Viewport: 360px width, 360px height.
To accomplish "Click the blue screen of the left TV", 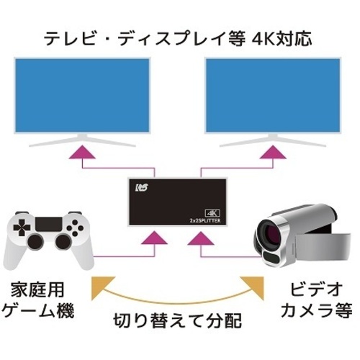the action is (82, 95).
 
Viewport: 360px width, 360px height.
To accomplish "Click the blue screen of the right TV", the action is (273, 95).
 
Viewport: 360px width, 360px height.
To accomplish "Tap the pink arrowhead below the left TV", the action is (82, 152).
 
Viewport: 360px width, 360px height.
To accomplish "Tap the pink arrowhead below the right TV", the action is (273, 152).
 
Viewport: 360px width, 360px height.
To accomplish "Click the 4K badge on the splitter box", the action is (212, 213).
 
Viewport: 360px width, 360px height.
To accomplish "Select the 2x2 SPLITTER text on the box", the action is (205, 221).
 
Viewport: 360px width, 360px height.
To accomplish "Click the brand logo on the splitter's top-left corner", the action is (142, 187).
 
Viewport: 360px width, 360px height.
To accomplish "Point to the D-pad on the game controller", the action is (22, 228).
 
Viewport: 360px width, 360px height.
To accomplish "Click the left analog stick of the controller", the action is (35, 241).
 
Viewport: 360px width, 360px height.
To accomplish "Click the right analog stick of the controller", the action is (63, 241).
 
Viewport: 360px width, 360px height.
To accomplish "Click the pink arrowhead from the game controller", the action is (154, 238).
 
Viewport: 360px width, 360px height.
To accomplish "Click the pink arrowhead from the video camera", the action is (201, 238).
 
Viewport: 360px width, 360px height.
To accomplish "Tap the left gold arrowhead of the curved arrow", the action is (100, 286).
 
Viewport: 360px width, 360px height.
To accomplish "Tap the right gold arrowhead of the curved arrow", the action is (254, 286).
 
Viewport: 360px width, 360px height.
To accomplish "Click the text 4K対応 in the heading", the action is (282, 38).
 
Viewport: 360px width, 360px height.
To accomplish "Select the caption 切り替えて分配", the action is (177, 320).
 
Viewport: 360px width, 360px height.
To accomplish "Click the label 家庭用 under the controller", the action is (37, 289).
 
